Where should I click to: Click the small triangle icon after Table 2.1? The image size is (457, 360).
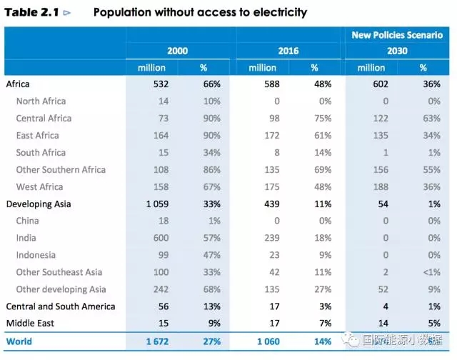click(x=67, y=13)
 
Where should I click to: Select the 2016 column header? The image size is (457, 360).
click(x=288, y=51)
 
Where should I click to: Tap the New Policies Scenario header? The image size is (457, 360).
click(x=397, y=35)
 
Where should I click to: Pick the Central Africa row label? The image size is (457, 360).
click(x=44, y=119)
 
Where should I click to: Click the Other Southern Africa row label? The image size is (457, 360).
click(x=61, y=170)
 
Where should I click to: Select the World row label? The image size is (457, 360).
click(x=19, y=341)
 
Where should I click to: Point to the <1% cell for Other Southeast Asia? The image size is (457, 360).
click(x=429, y=272)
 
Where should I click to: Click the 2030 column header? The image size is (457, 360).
click(x=397, y=51)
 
